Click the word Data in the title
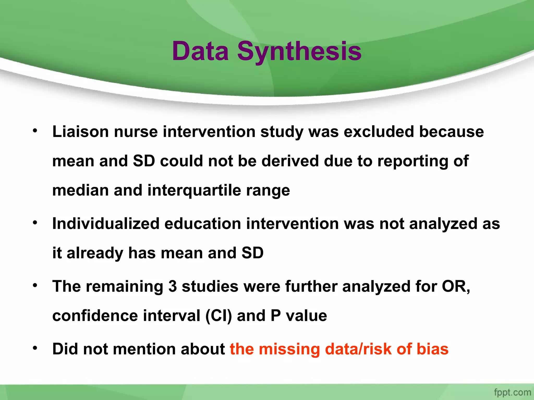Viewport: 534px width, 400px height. pyautogui.click(x=200, y=51)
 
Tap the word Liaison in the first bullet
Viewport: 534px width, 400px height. pyautogui.click(x=80, y=132)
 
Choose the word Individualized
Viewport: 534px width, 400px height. pyautogui.click(x=106, y=224)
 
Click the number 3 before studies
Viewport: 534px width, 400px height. pyautogui.click(x=173, y=286)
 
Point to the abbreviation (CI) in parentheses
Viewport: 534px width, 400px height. pyautogui.click(x=219, y=316)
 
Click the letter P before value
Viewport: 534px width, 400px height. pyautogui.click(x=276, y=316)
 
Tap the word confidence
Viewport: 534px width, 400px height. pyautogui.click(x=95, y=316)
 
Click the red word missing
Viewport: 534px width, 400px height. pyautogui.click(x=289, y=349)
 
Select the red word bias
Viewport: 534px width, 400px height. pyautogui.click(x=432, y=349)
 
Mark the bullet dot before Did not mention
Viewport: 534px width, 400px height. pyautogui.click(x=35, y=348)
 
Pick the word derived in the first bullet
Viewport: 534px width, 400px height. pyautogui.click(x=290, y=161)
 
